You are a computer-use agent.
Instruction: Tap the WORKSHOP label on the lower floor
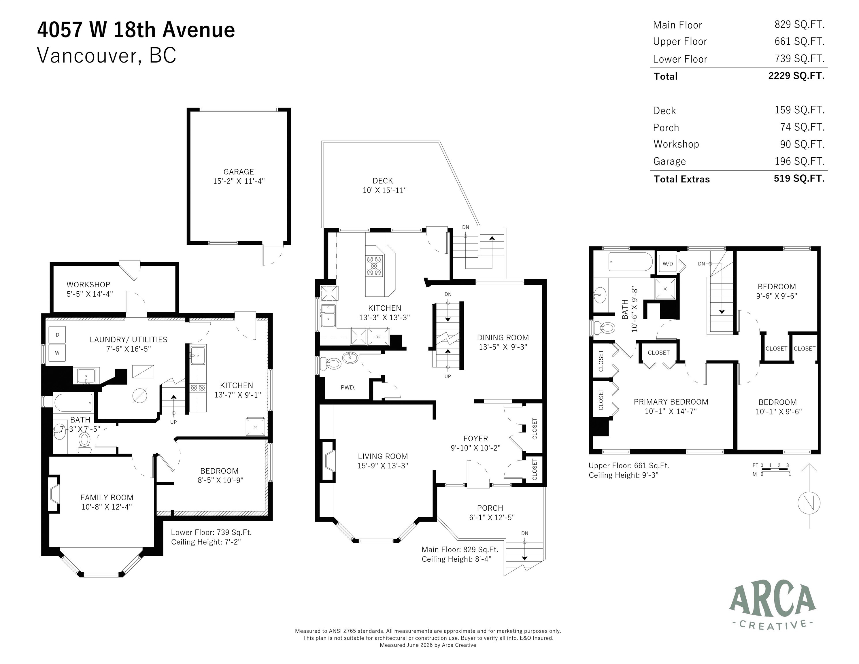click(88, 284)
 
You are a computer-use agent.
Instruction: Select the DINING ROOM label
click(503, 337)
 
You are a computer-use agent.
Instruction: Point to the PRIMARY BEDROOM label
click(671, 402)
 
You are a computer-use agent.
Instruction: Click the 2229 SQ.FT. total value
click(796, 76)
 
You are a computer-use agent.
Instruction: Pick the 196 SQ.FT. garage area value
click(800, 161)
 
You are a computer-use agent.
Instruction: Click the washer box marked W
click(57, 353)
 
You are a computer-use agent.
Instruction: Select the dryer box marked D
click(57, 335)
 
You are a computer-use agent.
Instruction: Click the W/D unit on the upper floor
click(667, 264)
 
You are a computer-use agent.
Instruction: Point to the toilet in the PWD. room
click(330, 363)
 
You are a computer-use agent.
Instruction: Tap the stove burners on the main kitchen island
click(374, 266)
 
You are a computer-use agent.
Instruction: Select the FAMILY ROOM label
click(107, 498)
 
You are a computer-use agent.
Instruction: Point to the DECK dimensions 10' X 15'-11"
click(384, 190)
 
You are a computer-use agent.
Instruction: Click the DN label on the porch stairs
click(525, 533)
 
